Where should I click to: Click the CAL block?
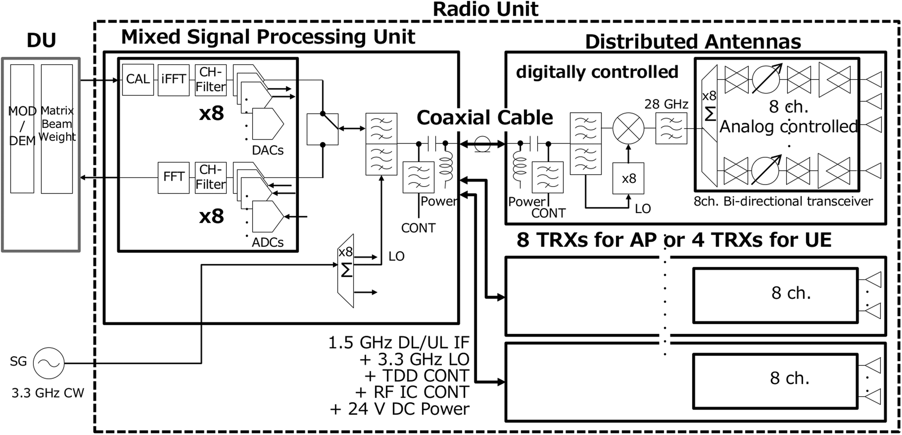pos(138,80)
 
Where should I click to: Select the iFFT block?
pos(173,80)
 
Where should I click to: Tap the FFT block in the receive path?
pos(173,177)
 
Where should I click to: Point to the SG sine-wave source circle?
pos(48,363)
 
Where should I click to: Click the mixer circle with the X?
pos(628,128)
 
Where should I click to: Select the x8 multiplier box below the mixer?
pos(628,178)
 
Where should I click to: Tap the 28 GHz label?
pos(666,104)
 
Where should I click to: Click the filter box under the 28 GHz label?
pos(671,128)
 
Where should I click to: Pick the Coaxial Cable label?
pos(484,118)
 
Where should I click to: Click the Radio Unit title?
pos(485,9)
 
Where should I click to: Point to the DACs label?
pos(267,150)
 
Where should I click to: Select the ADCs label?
pos(267,243)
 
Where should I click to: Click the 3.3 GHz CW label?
pos(48,393)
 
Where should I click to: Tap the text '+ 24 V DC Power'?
pos(400,409)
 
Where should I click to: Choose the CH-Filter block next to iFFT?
pos(211,80)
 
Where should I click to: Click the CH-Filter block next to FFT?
pos(211,177)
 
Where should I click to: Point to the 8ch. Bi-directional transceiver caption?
pos(783,201)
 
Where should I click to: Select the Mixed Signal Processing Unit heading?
pos(268,37)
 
